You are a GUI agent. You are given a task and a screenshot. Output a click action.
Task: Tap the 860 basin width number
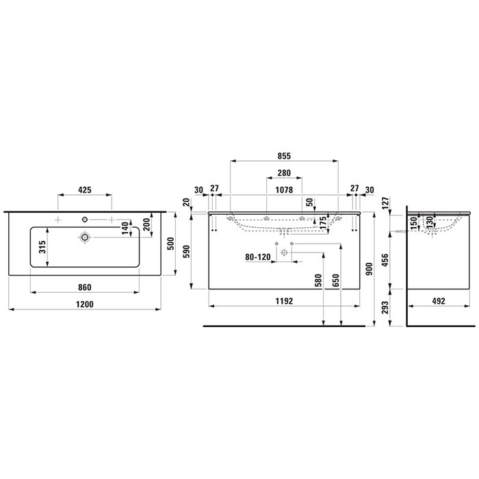(x=85, y=287)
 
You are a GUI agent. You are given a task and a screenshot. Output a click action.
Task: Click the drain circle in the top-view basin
(x=85, y=237)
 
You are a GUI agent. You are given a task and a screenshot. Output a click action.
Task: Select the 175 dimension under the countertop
(x=322, y=222)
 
